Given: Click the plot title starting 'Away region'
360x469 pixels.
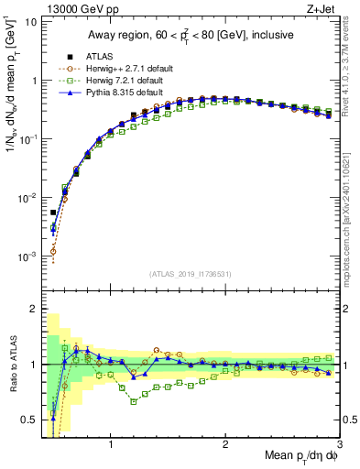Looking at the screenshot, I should pos(190,36).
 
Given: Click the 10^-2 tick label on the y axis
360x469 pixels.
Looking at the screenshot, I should pos(27,198).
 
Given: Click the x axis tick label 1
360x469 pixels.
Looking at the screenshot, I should pos(111,446).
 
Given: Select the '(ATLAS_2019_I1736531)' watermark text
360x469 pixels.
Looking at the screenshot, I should pos(191,273).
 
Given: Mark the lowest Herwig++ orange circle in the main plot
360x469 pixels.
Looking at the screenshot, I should pos(53,251).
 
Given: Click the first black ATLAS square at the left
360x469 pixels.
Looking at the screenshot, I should pos(53,213).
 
